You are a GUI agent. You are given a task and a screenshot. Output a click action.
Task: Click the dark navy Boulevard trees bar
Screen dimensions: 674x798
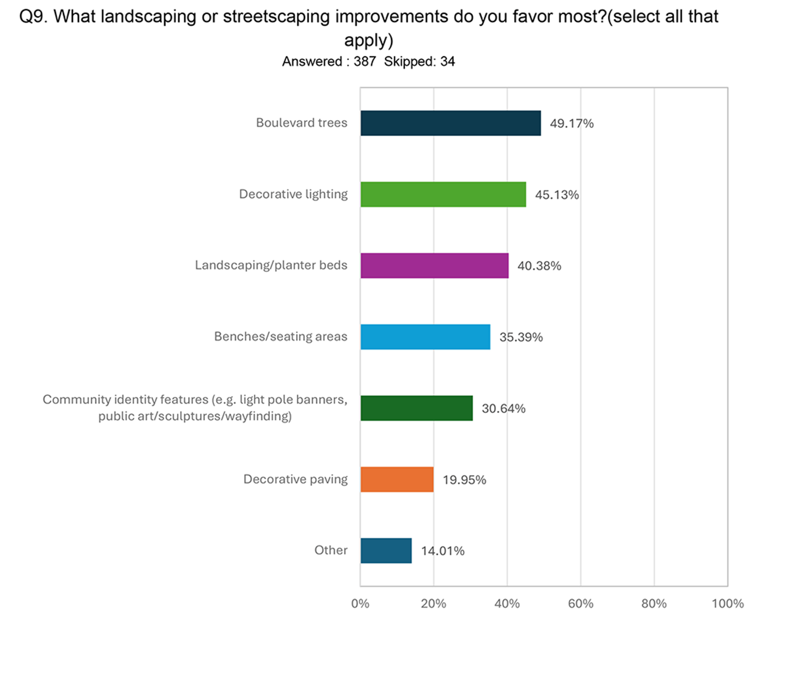click(451, 123)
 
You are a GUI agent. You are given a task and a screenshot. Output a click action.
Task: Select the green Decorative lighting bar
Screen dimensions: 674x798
click(443, 194)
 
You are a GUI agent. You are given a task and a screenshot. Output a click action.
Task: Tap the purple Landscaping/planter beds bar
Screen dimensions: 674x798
click(435, 266)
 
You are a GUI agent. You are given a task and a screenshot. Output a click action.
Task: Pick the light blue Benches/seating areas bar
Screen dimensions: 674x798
click(425, 337)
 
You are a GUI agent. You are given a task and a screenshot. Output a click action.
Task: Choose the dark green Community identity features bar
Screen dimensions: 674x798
click(417, 408)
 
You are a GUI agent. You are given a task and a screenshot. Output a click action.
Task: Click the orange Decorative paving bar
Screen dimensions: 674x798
click(397, 479)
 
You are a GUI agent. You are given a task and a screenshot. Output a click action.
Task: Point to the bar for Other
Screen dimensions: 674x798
click(386, 551)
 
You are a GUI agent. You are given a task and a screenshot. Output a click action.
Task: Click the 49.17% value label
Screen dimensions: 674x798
click(571, 123)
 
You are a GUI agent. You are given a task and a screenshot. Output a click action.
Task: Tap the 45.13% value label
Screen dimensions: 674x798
click(557, 195)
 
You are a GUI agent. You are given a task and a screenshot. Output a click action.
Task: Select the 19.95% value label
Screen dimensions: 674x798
click(464, 480)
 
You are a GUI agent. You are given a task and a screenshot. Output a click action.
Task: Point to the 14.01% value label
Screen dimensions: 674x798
click(443, 551)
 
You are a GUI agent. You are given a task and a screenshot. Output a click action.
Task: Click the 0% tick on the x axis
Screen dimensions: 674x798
click(360, 604)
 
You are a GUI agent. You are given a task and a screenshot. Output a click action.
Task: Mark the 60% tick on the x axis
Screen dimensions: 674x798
click(580, 604)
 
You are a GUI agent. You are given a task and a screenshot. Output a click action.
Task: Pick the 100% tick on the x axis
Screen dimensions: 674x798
click(727, 604)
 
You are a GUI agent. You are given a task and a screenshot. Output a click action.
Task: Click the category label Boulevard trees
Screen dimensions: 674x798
click(302, 123)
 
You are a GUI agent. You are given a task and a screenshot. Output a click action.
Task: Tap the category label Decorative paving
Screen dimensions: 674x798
click(296, 479)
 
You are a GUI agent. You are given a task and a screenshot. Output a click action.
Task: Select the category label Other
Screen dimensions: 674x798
click(331, 550)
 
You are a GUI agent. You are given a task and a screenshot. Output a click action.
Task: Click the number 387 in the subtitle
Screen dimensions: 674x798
click(365, 61)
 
